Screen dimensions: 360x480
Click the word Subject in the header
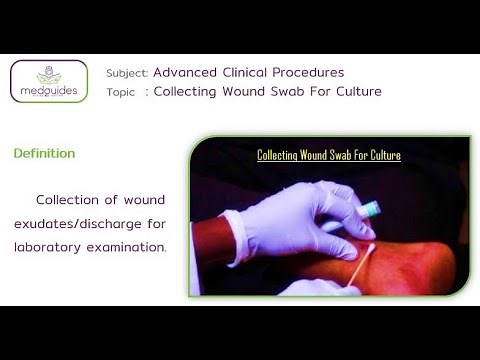(x=127, y=73)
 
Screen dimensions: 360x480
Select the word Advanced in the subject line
(x=187, y=72)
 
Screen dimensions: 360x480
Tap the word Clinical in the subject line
(x=248, y=72)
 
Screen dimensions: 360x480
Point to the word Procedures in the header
(x=309, y=73)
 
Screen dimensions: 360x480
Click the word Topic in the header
(x=122, y=92)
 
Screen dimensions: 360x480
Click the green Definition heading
(x=44, y=154)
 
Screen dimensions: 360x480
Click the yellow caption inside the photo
(x=329, y=155)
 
